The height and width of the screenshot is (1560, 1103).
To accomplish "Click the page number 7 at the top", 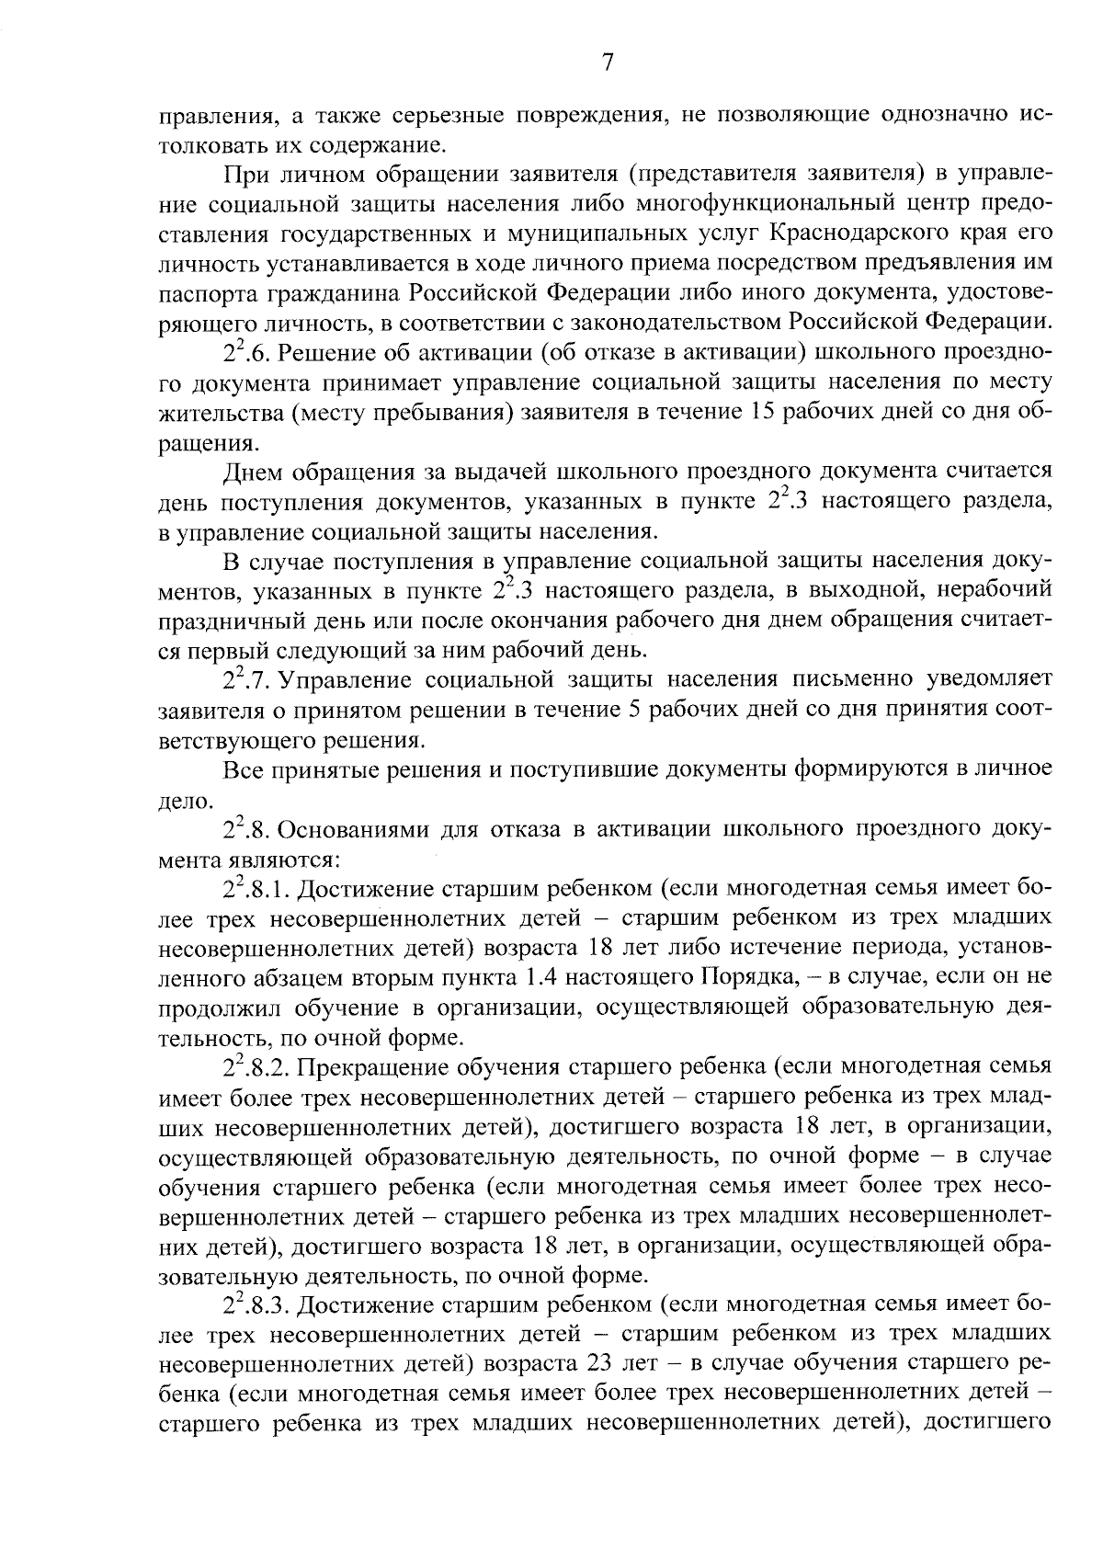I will (x=607, y=62).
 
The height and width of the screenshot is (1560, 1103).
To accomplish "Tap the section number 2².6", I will (x=244, y=354).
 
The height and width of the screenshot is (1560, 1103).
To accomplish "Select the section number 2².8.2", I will (x=257, y=1069).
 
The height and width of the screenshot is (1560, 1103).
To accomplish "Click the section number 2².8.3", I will (x=257, y=1306).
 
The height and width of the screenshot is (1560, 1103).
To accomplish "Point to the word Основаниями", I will (x=349, y=829).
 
